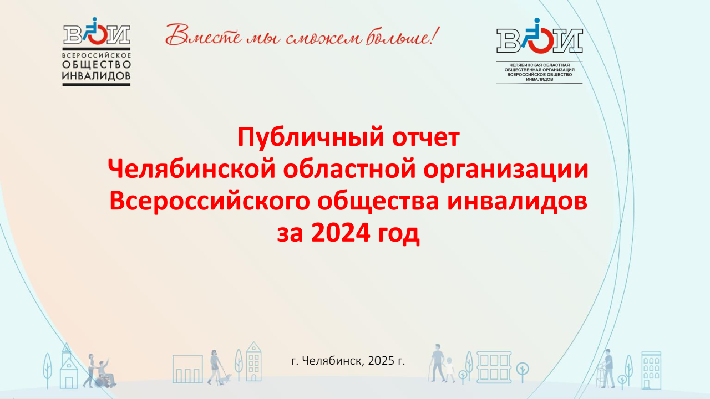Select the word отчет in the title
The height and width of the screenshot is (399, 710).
point(425,138)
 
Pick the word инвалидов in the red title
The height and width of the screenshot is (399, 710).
point(518,202)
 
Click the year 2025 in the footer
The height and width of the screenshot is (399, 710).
point(381,361)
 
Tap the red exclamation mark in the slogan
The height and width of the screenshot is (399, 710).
point(435,35)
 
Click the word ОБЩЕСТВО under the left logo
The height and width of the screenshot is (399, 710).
point(97,65)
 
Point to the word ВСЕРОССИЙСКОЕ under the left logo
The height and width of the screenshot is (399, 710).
point(97,55)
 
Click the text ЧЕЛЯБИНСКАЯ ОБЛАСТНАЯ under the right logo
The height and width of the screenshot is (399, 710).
point(540,65)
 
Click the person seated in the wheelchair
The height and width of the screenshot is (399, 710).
point(105,374)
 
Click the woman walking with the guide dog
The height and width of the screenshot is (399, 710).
point(215,367)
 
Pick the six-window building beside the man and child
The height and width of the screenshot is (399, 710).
point(494,367)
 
